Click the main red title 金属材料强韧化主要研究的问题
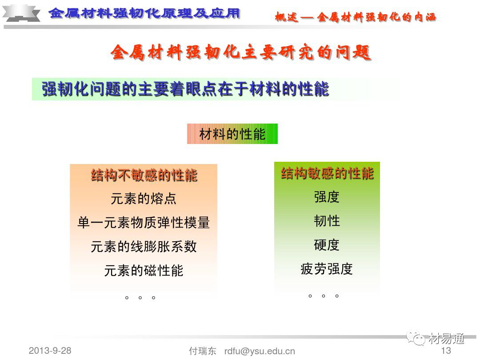(240, 53)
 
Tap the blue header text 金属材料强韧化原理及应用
(145, 13)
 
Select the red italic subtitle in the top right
(356, 17)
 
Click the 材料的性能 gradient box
(232, 134)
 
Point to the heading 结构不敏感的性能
(144, 175)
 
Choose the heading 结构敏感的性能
(327, 173)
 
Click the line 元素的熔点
(144, 199)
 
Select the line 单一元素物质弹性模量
(144, 223)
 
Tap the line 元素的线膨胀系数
(144, 247)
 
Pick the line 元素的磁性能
(144, 270)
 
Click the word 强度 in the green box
(327, 197)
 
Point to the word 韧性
(327, 221)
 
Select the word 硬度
(327, 245)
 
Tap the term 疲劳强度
(327, 269)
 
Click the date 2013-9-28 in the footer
(50, 350)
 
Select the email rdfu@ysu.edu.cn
(260, 351)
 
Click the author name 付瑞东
(203, 351)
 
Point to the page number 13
(446, 351)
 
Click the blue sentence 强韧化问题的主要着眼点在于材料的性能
(185, 89)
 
